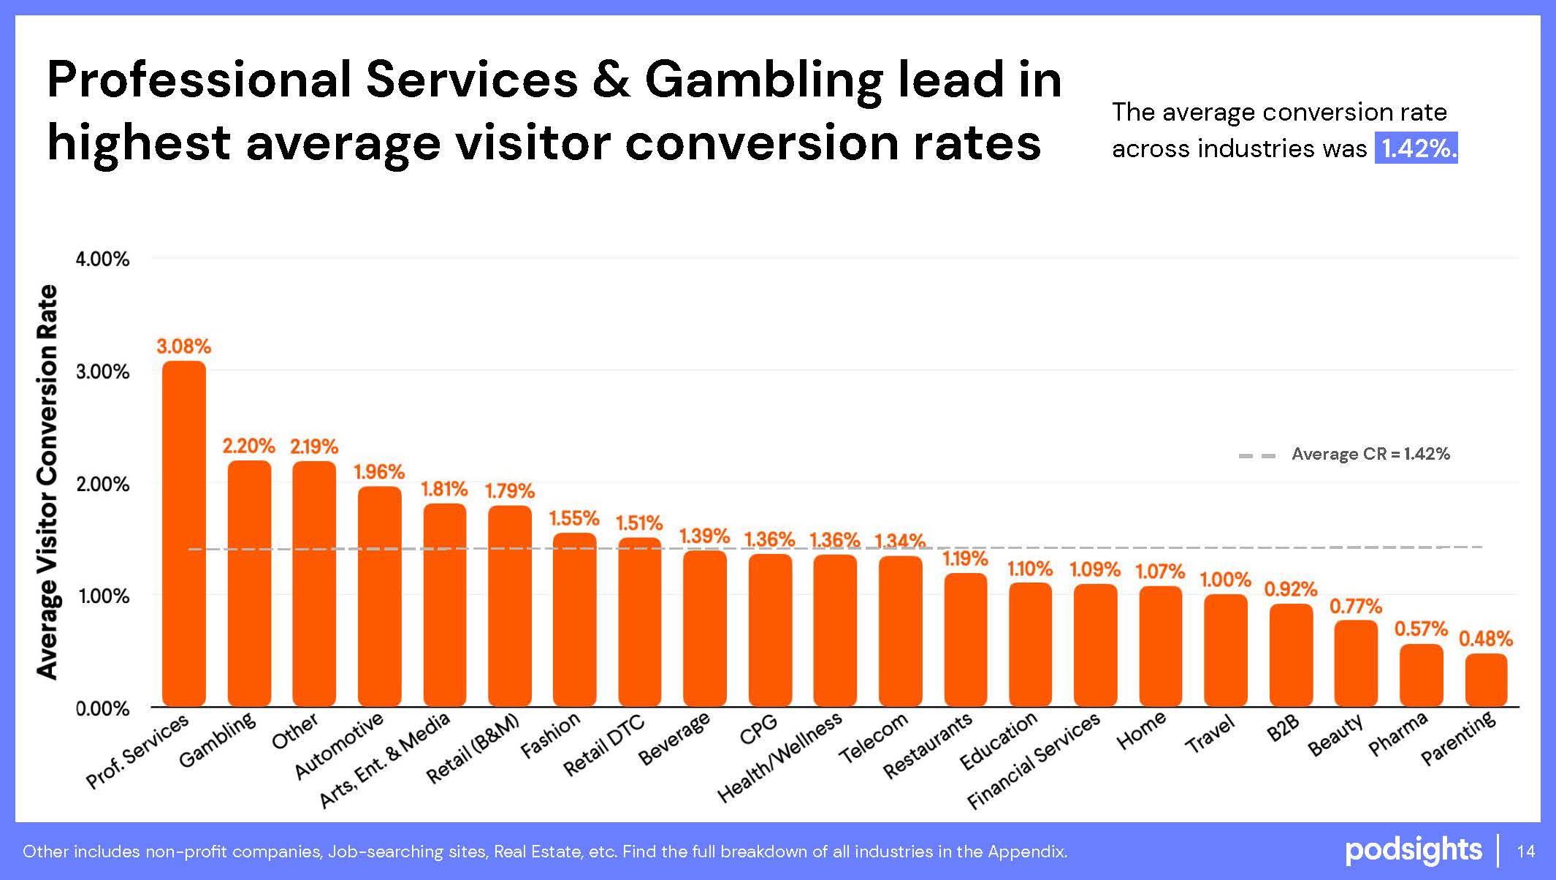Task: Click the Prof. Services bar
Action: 184,534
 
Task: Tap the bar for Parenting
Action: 1486,680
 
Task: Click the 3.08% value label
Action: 183,346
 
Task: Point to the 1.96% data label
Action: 379,472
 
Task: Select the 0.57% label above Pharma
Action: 1421,629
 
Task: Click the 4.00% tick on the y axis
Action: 102,259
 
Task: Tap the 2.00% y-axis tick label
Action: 102,484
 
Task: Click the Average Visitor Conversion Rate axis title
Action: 47,482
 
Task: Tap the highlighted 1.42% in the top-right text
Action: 1416,148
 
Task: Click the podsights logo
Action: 1414,850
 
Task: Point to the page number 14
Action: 1526,851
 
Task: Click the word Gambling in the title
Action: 763,80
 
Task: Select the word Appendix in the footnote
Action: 1026,851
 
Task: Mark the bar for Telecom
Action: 900,631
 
